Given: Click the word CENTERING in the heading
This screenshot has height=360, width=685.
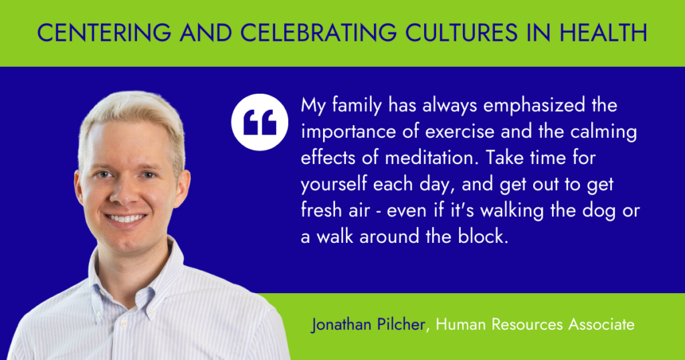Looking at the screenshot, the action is coord(104,33).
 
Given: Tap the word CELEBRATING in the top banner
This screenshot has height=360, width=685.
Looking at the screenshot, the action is coord(318,33).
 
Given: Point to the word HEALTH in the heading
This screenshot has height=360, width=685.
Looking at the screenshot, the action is coord(603,33).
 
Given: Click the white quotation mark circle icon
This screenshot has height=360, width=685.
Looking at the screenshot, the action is coord(260,122).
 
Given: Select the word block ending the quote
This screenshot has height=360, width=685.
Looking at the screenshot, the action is coord(483,236).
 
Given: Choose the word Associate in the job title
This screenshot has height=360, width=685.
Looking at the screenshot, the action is coord(601,325).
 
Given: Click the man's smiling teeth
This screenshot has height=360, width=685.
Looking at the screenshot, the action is coord(126,218).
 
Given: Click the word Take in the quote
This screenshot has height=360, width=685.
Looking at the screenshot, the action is coord(504,158).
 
